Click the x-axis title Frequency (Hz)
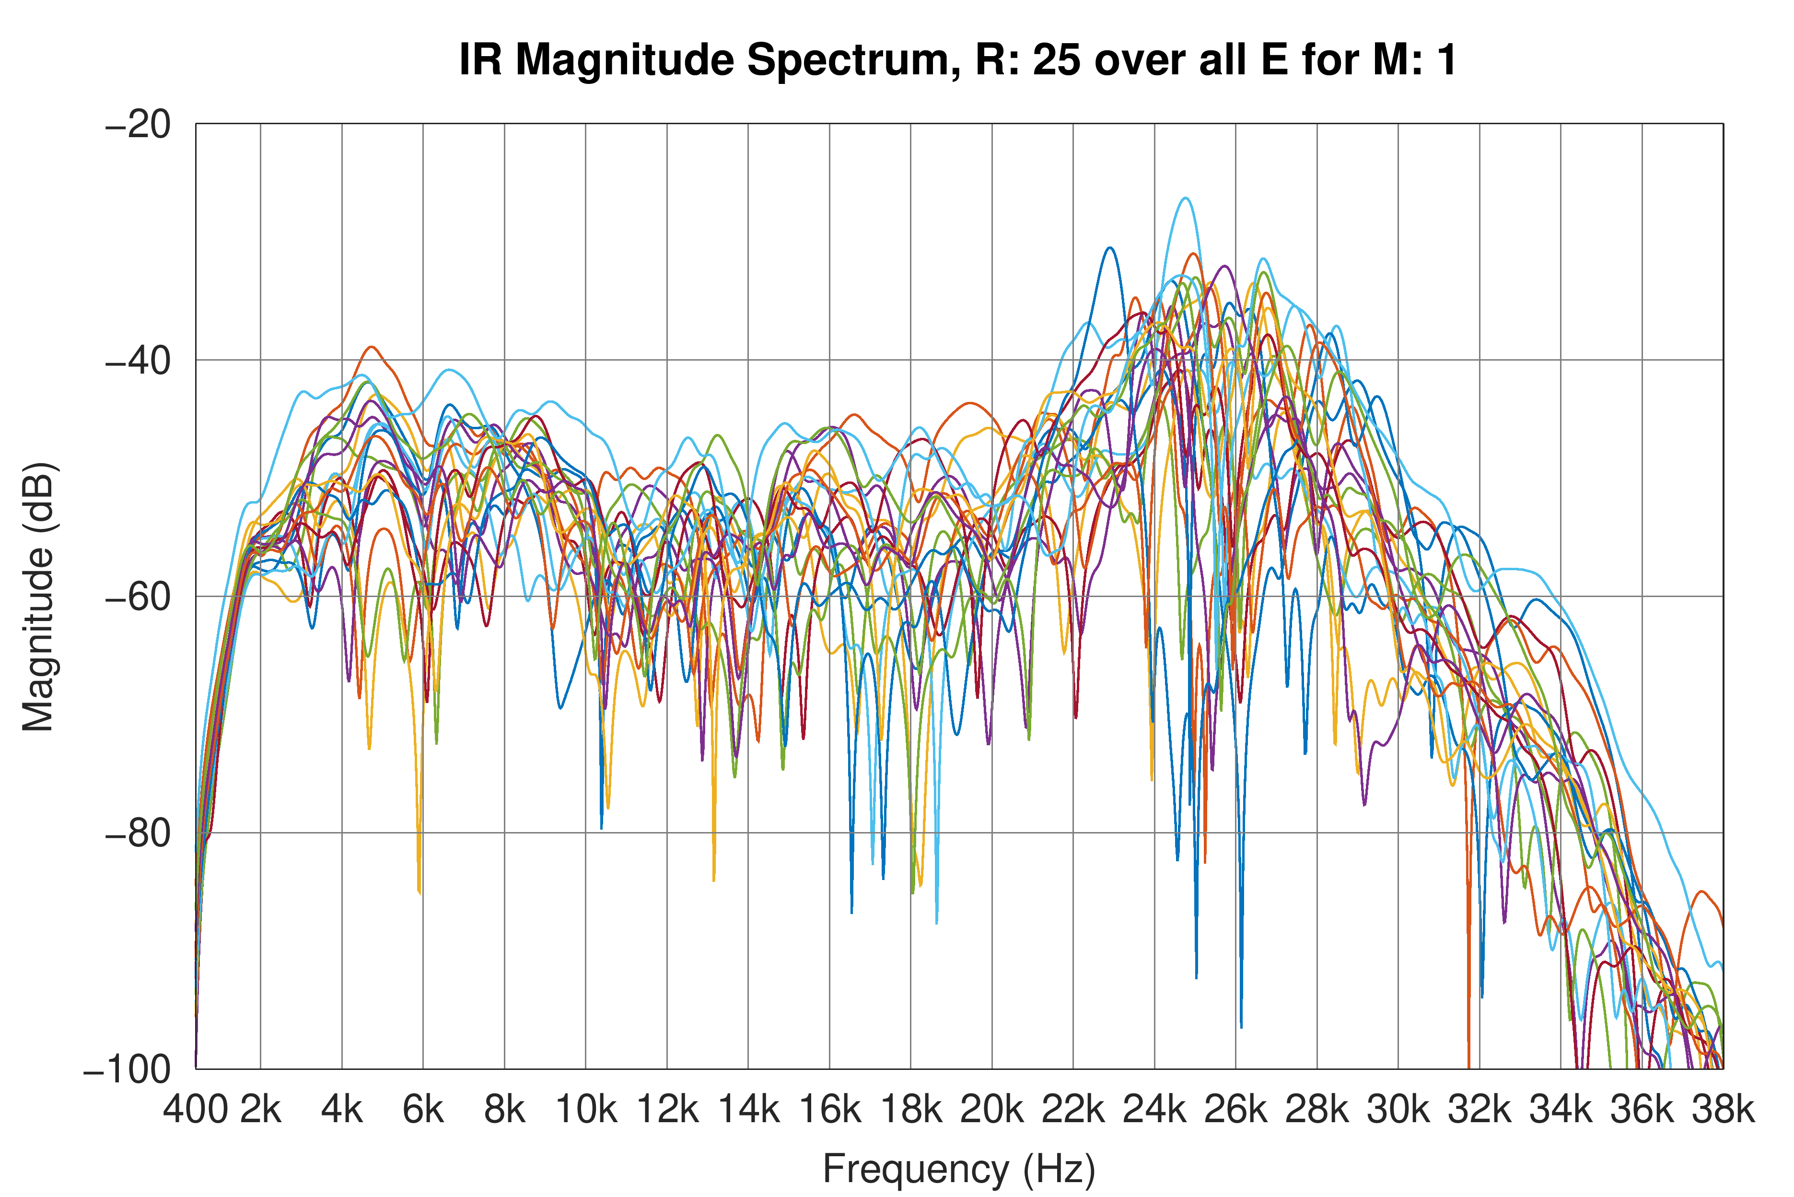click(x=959, y=1169)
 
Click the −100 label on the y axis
click(x=128, y=1069)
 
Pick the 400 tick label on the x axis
click(x=195, y=1109)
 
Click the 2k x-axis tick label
click(x=261, y=1109)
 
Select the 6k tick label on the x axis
click(x=423, y=1109)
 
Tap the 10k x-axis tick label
click(x=586, y=1109)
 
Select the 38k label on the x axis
click(x=1723, y=1109)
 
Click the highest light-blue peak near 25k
click(x=1184, y=199)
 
